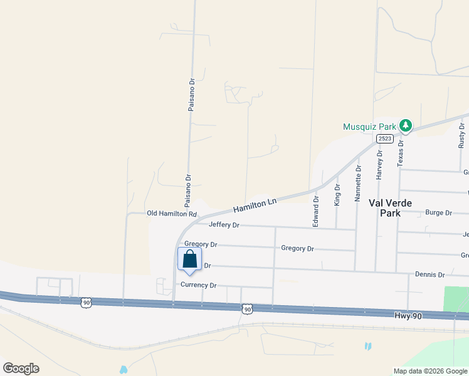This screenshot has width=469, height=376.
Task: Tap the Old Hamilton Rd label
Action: pos(172,214)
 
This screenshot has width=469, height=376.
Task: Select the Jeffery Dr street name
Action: pos(224,225)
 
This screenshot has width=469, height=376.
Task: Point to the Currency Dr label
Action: pos(198,285)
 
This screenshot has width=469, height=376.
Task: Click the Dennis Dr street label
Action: pos(429,274)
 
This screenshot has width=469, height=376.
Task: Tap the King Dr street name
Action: pos(337,195)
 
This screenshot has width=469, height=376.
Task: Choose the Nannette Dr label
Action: pos(359,182)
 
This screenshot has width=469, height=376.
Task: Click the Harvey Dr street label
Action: pos(379,165)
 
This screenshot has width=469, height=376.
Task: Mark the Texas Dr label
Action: pos(401,152)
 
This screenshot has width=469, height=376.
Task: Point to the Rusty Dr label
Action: pos(461,135)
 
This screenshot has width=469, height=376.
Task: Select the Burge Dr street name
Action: pos(438,212)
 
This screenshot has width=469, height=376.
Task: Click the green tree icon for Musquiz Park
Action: pos(406,126)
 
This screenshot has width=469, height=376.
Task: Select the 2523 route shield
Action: pos(385,138)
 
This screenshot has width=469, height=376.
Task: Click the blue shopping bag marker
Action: pos(190,259)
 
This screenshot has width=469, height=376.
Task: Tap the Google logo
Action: pos(21,368)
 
